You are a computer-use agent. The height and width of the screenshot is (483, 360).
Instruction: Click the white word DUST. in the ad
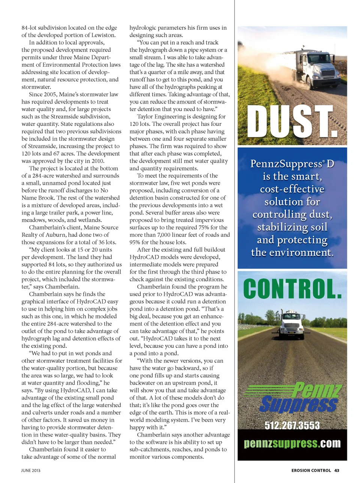pyautogui.click(x=292, y=122)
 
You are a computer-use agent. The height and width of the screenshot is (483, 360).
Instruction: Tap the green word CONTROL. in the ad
pyautogui.click(x=292, y=289)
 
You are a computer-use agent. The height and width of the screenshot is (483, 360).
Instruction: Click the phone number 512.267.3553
pyautogui.click(x=292, y=426)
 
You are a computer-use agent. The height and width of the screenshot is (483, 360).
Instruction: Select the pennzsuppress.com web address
pyautogui.click(x=292, y=444)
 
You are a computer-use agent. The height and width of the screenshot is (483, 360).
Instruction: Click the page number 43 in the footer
pyautogui.click(x=337, y=470)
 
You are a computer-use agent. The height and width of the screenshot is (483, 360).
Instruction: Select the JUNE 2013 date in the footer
pyautogui.click(x=31, y=470)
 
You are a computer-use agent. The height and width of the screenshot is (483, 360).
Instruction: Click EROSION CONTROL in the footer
pyautogui.click(x=311, y=470)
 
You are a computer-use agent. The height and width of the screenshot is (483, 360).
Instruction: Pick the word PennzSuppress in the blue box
pyautogui.click(x=286, y=164)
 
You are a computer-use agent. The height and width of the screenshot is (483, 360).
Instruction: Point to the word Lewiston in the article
pyautogui.click(x=103, y=35)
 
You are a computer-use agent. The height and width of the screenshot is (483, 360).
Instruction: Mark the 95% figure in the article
pyautogui.click(x=135, y=243)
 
